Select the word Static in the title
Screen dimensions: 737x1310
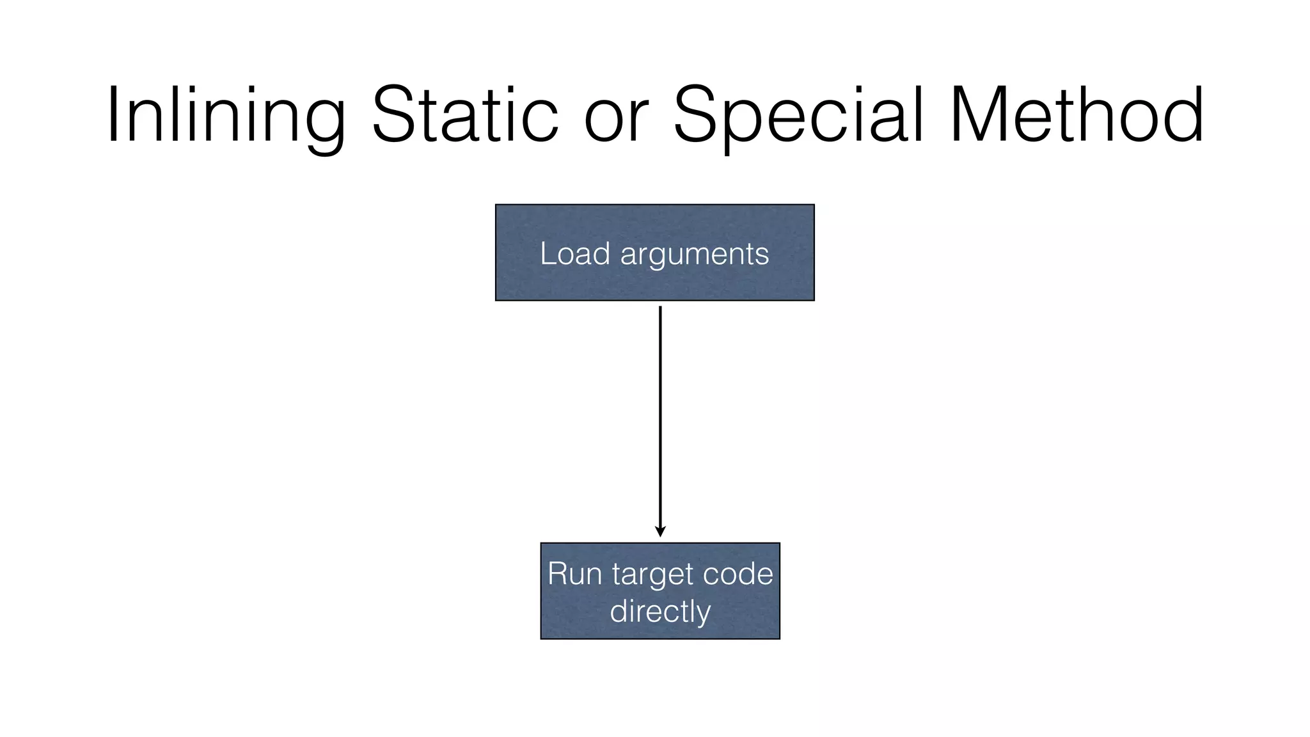pos(465,115)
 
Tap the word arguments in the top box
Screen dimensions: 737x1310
pos(694,255)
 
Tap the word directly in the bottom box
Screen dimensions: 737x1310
pos(660,612)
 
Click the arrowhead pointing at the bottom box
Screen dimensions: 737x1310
pos(660,532)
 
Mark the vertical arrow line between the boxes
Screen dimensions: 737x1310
pos(660,416)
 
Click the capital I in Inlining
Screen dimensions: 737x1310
pos(114,115)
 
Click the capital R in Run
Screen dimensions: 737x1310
pos(558,573)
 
